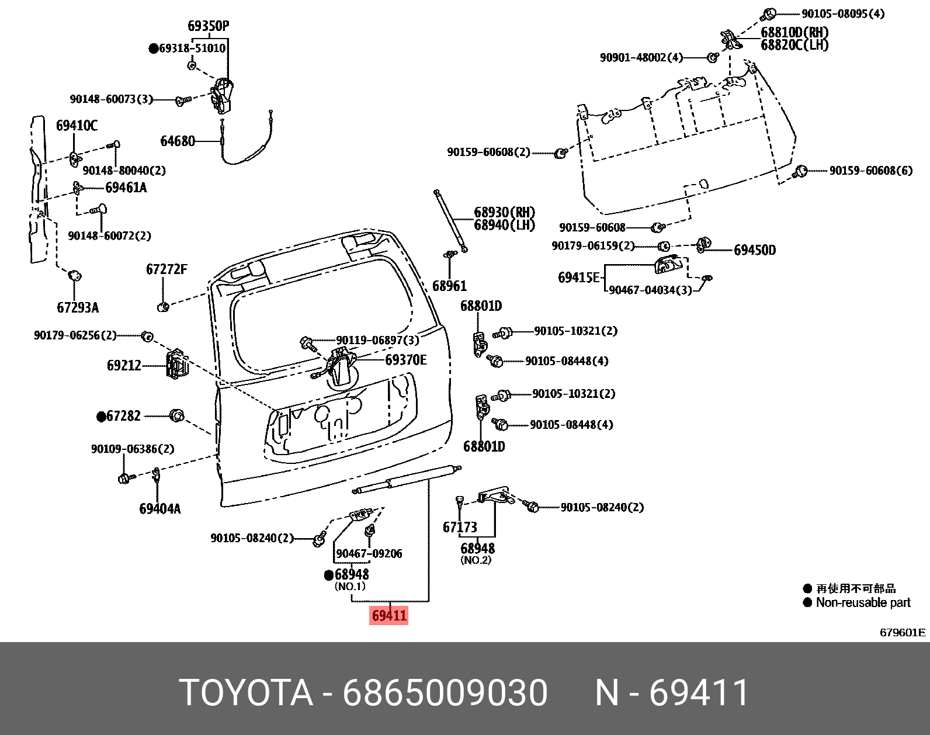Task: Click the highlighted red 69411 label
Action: (x=389, y=616)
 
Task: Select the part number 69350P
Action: (x=208, y=26)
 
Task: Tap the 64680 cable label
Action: (x=178, y=141)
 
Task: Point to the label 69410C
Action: (x=77, y=126)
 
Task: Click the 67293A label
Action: (x=78, y=307)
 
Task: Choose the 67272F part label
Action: (x=166, y=270)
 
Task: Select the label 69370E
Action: (x=405, y=360)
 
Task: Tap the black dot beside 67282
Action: (x=101, y=417)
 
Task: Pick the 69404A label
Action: (x=159, y=509)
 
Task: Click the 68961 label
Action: (x=449, y=286)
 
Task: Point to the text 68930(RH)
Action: (x=504, y=213)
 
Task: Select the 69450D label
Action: (x=755, y=251)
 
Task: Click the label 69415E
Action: (x=578, y=278)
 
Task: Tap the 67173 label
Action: (x=460, y=528)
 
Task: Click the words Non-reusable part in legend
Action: (x=863, y=603)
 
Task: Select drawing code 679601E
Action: (x=903, y=633)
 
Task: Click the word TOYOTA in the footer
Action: (x=247, y=694)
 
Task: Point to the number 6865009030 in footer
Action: (x=445, y=694)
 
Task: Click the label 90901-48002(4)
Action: (x=641, y=58)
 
